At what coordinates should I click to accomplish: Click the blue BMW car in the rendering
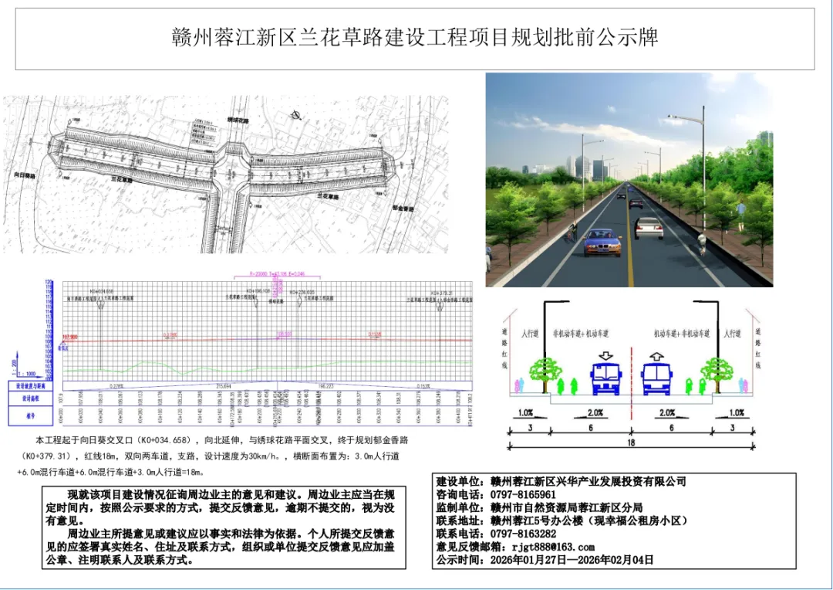(x=603, y=242)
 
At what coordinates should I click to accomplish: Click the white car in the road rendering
(x=649, y=227)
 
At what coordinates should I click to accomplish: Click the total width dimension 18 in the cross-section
(x=632, y=442)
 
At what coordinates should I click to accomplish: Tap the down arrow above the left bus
(x=606, y=356)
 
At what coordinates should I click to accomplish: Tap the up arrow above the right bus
(x=656, y=356)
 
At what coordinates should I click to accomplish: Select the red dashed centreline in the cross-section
(x=632, y=371)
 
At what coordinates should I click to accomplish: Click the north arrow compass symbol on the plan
(x=295, y=116)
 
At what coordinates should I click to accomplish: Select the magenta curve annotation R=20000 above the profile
(x=277, y=273)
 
